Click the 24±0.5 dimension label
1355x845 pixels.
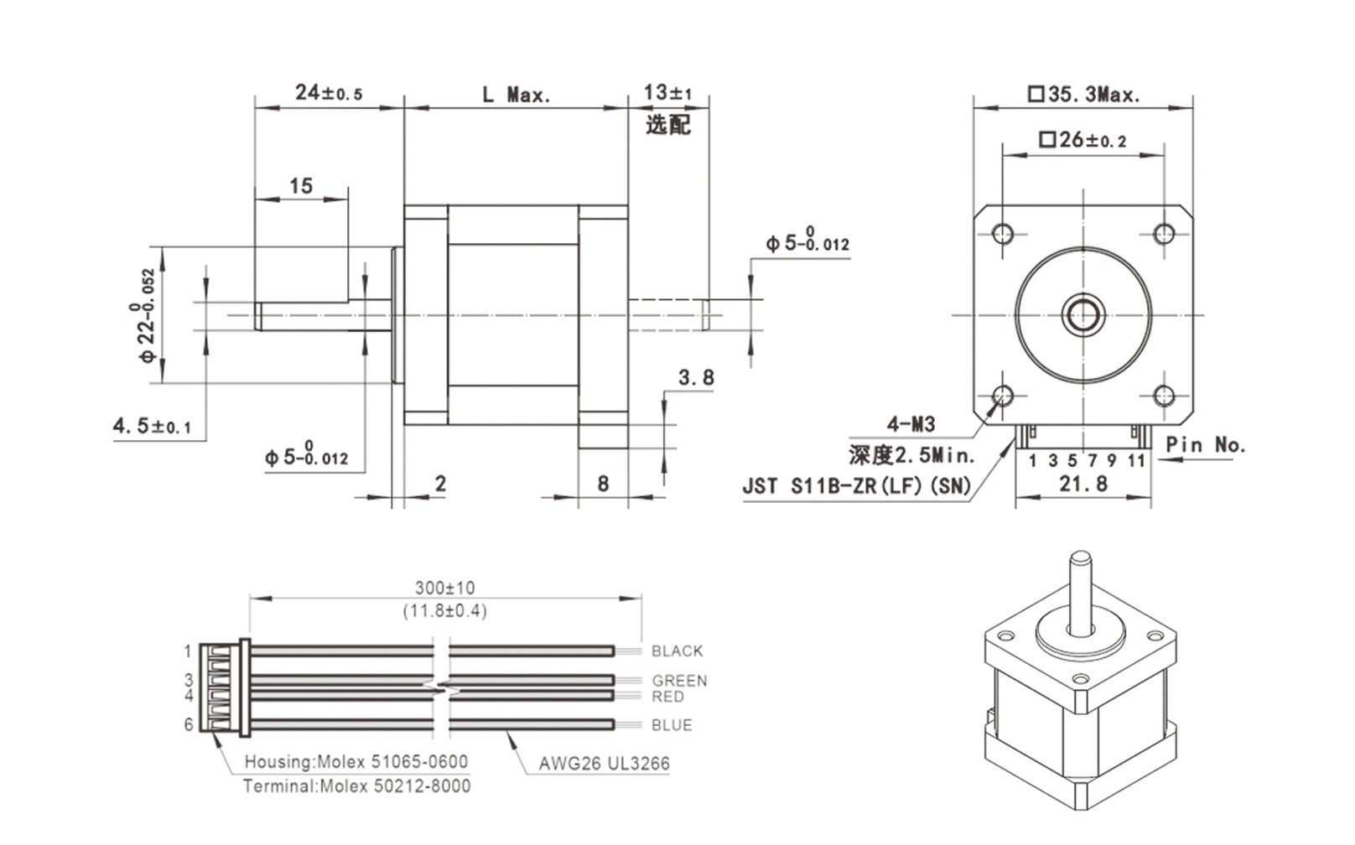pos(329,92)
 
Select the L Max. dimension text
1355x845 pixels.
pos(516,95)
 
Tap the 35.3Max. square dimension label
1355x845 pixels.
pos(1084,95)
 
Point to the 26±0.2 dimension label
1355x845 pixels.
pos(1082,140)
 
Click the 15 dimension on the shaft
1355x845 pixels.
pos(300,186)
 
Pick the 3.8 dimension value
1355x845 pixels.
pos(696,378)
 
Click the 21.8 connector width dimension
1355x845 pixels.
pos(1082,484)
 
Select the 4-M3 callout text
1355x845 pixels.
pos(911,424)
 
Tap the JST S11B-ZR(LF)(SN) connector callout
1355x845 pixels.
pos(856,486)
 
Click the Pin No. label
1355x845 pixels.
pos(1205,445)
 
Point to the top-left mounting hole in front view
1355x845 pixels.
pos(1003,233)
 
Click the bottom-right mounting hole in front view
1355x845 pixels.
pos(1163,395)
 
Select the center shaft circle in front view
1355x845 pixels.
pos(1083,315)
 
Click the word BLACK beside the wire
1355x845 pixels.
pos(677,651)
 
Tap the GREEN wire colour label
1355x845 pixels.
pos(679,681)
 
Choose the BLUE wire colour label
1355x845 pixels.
pos(672,725)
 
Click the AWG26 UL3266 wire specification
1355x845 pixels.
pos(604,764)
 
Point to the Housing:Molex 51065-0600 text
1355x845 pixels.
pos(356,762)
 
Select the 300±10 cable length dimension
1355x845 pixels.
pos(444,588)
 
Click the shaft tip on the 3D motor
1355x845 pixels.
pos(1080,557)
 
